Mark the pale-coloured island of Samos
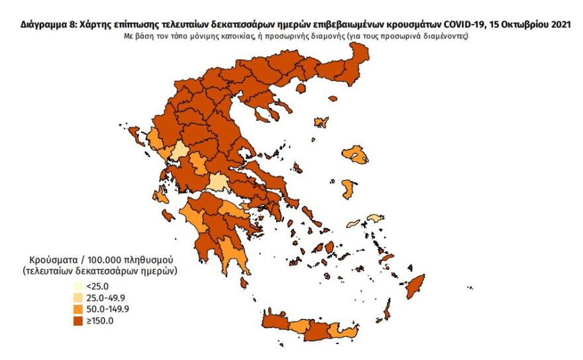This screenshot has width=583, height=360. pos(374,217)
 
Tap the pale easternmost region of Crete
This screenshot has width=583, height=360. pos(348,332)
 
